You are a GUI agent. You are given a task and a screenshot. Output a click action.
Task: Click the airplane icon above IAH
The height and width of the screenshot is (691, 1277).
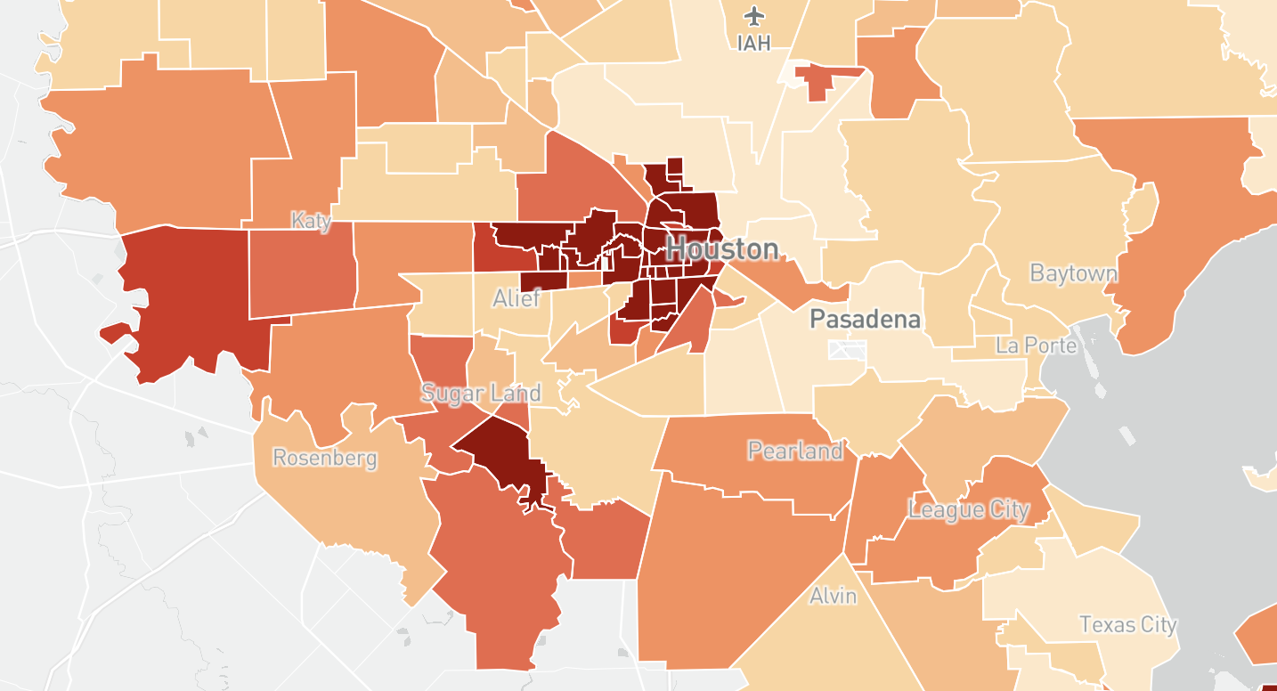pos(756,15)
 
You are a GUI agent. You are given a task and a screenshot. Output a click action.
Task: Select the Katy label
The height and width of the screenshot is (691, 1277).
pos(312,221)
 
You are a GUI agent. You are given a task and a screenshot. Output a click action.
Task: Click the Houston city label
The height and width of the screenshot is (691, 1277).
pos(722,249)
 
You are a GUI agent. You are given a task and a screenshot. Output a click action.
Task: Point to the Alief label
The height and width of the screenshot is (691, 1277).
pos(516,298)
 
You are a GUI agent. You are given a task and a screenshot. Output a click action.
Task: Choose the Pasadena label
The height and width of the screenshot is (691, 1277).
pos(865,320)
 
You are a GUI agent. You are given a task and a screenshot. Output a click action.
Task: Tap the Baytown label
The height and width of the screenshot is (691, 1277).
pos(1073,273)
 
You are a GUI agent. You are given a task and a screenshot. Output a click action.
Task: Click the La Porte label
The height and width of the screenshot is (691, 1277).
pos(1037,345)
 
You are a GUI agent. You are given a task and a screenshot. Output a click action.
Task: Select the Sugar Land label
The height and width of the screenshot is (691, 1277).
pos(481,393)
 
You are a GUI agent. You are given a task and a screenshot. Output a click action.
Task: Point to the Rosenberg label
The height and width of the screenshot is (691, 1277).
pos(325,459)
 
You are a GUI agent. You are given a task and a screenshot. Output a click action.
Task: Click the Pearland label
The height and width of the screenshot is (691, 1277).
pos(795,451)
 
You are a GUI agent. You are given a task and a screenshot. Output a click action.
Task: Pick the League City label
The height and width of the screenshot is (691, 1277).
pos(969,510)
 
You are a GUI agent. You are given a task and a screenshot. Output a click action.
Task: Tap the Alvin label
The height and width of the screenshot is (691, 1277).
pos(834,596)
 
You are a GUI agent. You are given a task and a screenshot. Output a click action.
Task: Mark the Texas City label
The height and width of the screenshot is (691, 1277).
pos(1128,625)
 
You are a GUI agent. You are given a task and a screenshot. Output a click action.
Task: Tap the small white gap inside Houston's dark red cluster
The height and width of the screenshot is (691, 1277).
pos(606,263)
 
